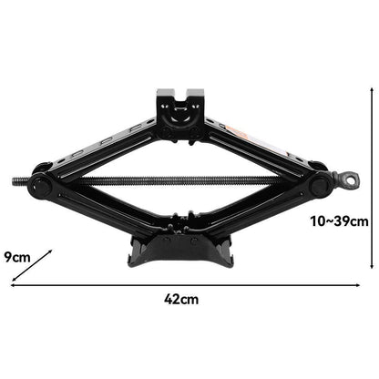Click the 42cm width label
click(x=181, y=300)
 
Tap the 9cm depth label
click(x=17, y=258)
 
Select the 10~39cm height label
click(x=339, y=221)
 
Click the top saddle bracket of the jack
click(x=180, y=109)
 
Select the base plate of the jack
click(x=181, y=251)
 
